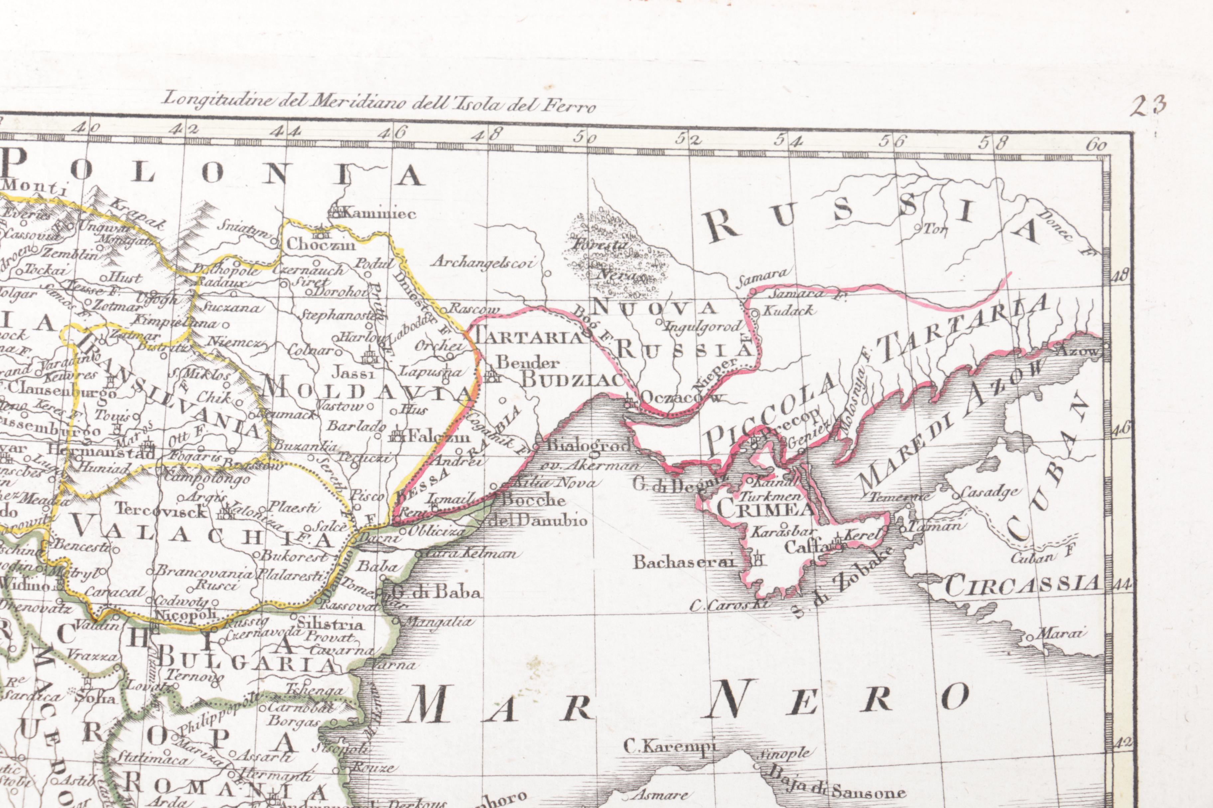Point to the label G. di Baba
coord(436,592)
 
